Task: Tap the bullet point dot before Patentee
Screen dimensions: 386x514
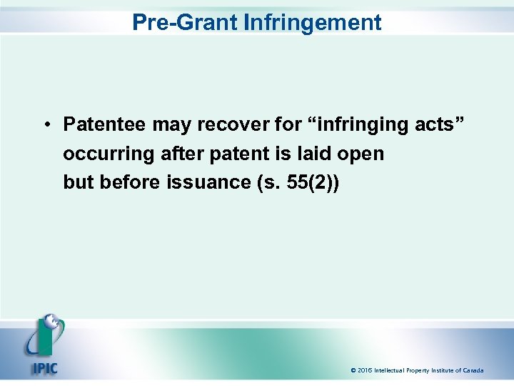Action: click(x=45, y=125)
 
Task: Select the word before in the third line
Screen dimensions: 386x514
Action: click(x=131, y=182)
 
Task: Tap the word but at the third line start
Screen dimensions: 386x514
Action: click(x=79, y=182)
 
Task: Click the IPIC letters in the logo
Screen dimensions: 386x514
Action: click(x=44, y=367)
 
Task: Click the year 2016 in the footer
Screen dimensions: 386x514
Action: click(x=366, y=370)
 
